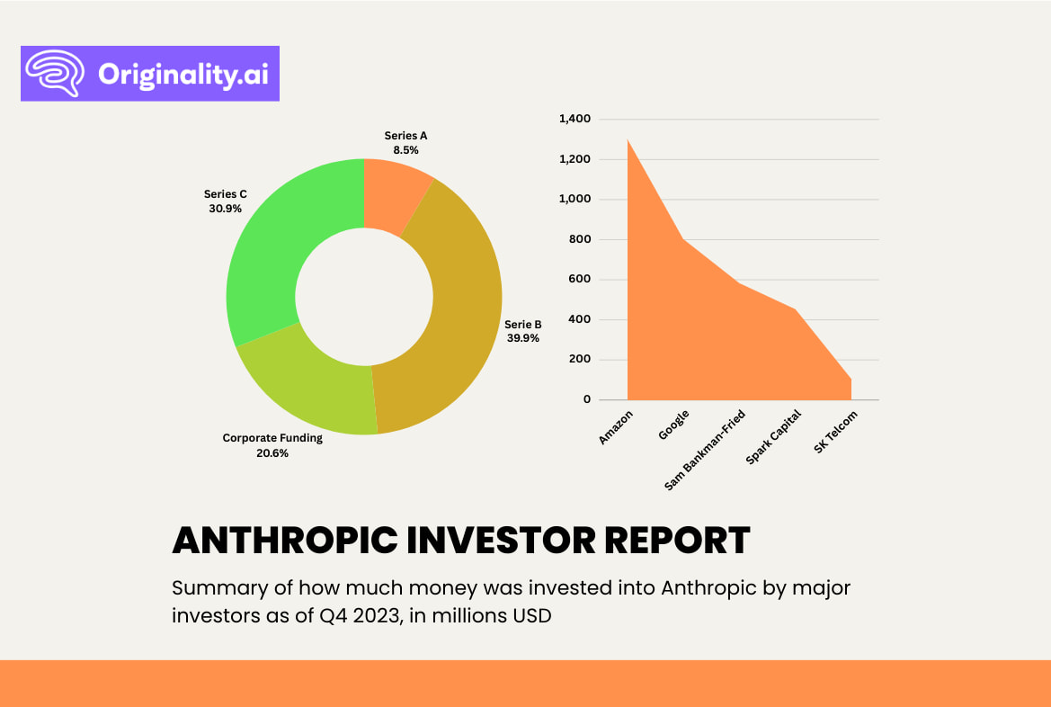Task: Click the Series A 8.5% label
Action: [x=405, y=143]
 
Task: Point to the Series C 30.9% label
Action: [x=225, y=201]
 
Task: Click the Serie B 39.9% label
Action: [x=522, y=331]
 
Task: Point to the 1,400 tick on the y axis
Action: [x=574, y=119]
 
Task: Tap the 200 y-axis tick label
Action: [x=583, y=360]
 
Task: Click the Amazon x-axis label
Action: [x=617, y=426]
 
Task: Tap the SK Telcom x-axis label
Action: [x=836, y=432]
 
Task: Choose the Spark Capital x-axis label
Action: [x=772, y=438]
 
